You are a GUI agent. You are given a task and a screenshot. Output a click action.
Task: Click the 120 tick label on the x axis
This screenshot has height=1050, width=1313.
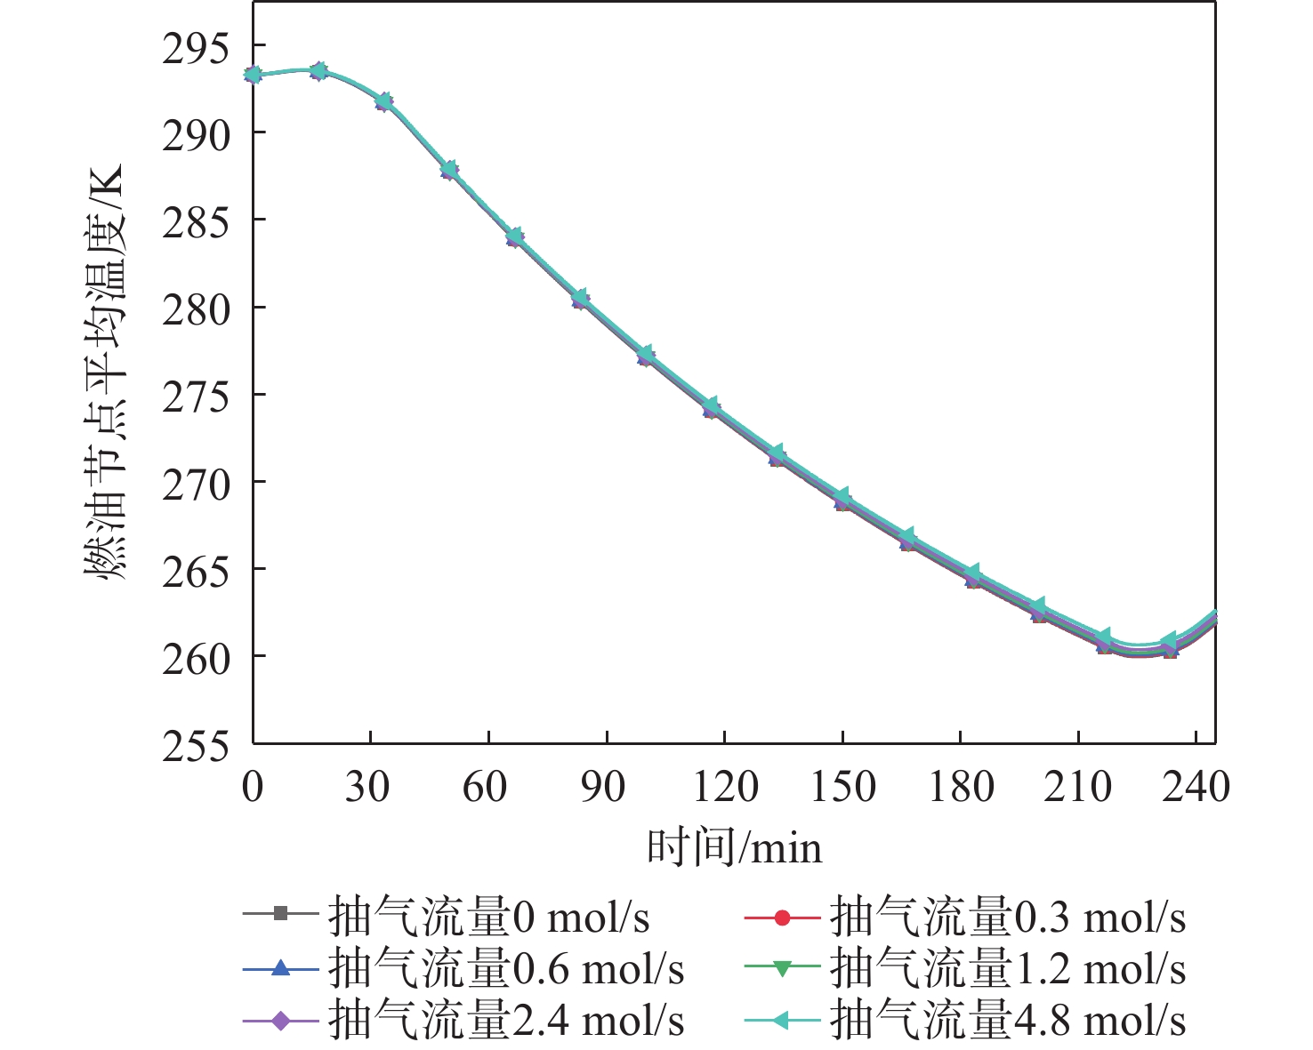[725, 787]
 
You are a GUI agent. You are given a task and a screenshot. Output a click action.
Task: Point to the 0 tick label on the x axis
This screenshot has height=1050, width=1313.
[253, 787]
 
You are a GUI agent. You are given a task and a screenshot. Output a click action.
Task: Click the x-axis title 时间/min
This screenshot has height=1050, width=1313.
[734, 847]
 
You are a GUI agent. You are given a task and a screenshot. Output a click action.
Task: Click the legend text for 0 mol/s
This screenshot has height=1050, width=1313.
[488, 917]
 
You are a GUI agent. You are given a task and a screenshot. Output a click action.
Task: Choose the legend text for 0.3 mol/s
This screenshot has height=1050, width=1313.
[1007, 917]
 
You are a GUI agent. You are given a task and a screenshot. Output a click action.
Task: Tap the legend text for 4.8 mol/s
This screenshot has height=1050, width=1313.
[1007, 1022]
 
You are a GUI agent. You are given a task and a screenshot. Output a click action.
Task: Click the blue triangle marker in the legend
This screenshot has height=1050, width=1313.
[280, 969]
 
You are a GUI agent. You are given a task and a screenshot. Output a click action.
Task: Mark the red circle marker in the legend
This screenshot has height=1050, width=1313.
[782, 917]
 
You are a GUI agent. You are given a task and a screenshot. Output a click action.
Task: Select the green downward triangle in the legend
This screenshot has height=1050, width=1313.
[782, 969]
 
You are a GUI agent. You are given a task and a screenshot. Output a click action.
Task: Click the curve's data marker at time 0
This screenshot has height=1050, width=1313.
[254, 75]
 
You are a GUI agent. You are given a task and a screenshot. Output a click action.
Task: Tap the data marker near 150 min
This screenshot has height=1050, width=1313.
[842, 500]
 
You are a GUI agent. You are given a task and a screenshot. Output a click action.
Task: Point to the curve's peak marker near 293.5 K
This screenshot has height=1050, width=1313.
[318, 71]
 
